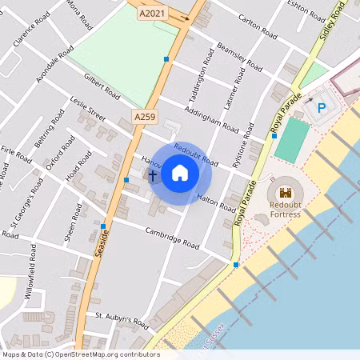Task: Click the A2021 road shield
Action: click(x=154, y=13)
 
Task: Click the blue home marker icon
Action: click(x=180, y=173)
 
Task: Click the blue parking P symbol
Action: click(x=322, y=108)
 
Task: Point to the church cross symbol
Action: click(x=152, y=174)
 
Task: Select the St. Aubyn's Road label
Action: click(x=122, y=321)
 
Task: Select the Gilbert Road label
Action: click(x=102, y=86)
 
